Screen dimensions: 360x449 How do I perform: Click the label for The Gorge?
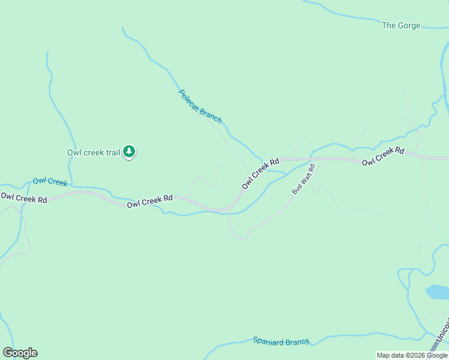[401, 25]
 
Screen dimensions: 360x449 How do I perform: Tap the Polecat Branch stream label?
[200, 106]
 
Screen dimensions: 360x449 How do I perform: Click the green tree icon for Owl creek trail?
[129, 152]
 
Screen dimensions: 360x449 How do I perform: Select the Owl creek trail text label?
[94, 152]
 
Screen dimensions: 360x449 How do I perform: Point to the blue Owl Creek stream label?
[50, 181]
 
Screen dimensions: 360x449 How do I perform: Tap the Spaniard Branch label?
[281, 341]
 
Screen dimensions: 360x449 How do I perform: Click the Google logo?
[20, 353]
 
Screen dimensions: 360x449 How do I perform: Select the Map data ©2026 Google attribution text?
[412, 355]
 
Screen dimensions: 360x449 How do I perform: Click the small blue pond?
[436, 292]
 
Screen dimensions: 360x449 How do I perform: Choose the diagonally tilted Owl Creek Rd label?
[261, 173]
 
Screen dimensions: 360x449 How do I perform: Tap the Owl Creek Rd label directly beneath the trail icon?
[149, 201]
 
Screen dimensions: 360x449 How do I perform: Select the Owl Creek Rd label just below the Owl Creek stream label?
[23, 197]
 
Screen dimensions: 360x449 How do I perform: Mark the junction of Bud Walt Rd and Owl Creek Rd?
[312, 160]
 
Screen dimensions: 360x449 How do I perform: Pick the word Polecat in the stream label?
[190, 99]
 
